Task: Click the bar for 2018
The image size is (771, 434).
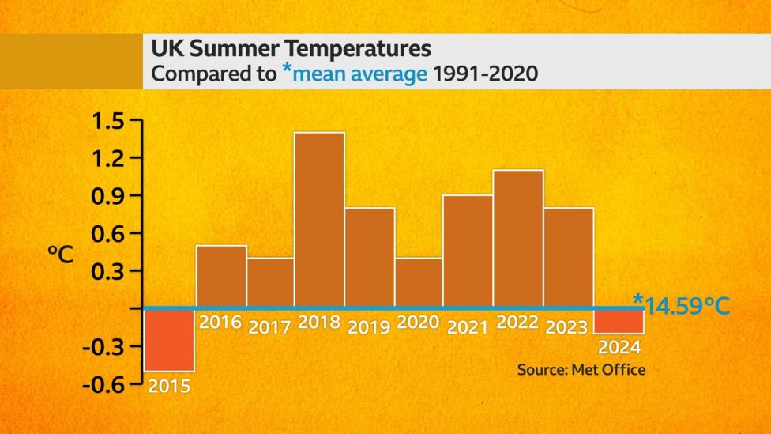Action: point(319,219)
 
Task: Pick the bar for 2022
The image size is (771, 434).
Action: point(518,238)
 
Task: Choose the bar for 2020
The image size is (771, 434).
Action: point(419,281)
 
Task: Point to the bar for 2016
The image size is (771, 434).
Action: point(221,276)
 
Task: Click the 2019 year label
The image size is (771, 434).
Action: point(369,326)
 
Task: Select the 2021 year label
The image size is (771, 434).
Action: point(468,326)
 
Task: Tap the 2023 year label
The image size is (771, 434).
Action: point(566,326)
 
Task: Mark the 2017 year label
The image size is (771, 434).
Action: point(270,326)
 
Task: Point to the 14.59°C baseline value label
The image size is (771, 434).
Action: point(684,304)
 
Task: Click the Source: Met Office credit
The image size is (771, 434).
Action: point(581,369)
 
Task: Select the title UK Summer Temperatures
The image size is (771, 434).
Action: point(291,49)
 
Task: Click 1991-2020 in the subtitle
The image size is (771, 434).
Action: point(486,75)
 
